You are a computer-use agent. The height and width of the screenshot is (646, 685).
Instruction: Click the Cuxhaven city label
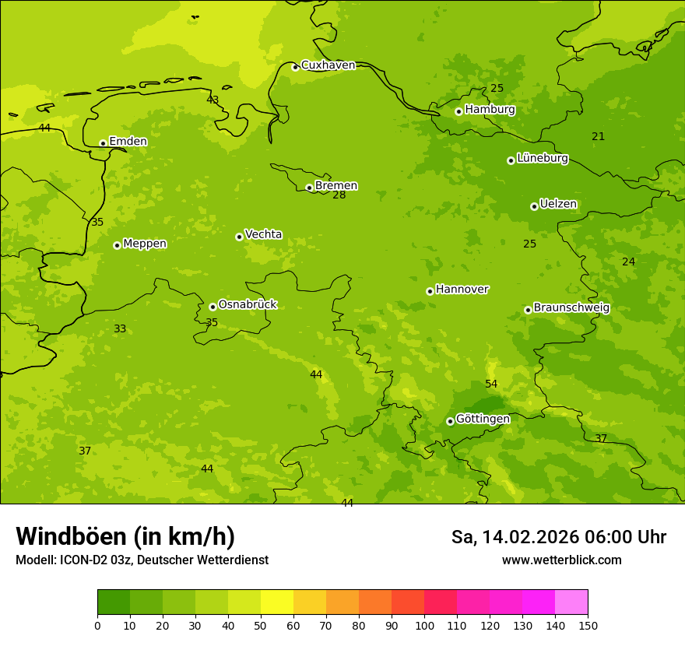point(328,65)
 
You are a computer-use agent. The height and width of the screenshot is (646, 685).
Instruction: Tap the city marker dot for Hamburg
point(458,111)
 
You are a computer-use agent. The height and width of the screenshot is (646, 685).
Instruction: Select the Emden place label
point(128,142)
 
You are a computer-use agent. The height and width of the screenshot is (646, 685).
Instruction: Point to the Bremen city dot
point(309,188)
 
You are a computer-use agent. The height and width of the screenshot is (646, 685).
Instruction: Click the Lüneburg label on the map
point(542,158)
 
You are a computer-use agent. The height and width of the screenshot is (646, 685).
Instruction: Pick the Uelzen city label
point(558,205)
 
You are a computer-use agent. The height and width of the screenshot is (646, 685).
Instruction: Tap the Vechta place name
point(263,234)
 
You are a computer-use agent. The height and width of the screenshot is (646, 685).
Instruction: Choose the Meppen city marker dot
point(117,245)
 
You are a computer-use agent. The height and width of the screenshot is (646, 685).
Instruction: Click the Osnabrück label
point(247,304)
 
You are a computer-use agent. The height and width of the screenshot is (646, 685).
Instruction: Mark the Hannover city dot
point(430,291)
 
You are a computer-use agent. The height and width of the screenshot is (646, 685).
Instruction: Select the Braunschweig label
point(571,308)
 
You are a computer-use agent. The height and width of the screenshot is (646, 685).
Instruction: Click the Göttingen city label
point(483,419)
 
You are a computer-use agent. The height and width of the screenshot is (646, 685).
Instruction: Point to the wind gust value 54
point(491,384)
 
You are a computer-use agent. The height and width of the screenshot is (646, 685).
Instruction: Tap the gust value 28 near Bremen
point(339,195)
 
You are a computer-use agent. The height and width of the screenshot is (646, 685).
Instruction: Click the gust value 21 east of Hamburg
point(598,137)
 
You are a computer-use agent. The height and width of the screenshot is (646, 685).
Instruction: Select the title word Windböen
point(71,536)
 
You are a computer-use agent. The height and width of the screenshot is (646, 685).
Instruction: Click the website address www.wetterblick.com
point(561,560)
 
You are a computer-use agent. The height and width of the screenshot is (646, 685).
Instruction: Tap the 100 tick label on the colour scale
point(424,625)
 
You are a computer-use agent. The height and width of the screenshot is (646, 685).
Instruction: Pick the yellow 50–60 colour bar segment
point(277,602)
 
